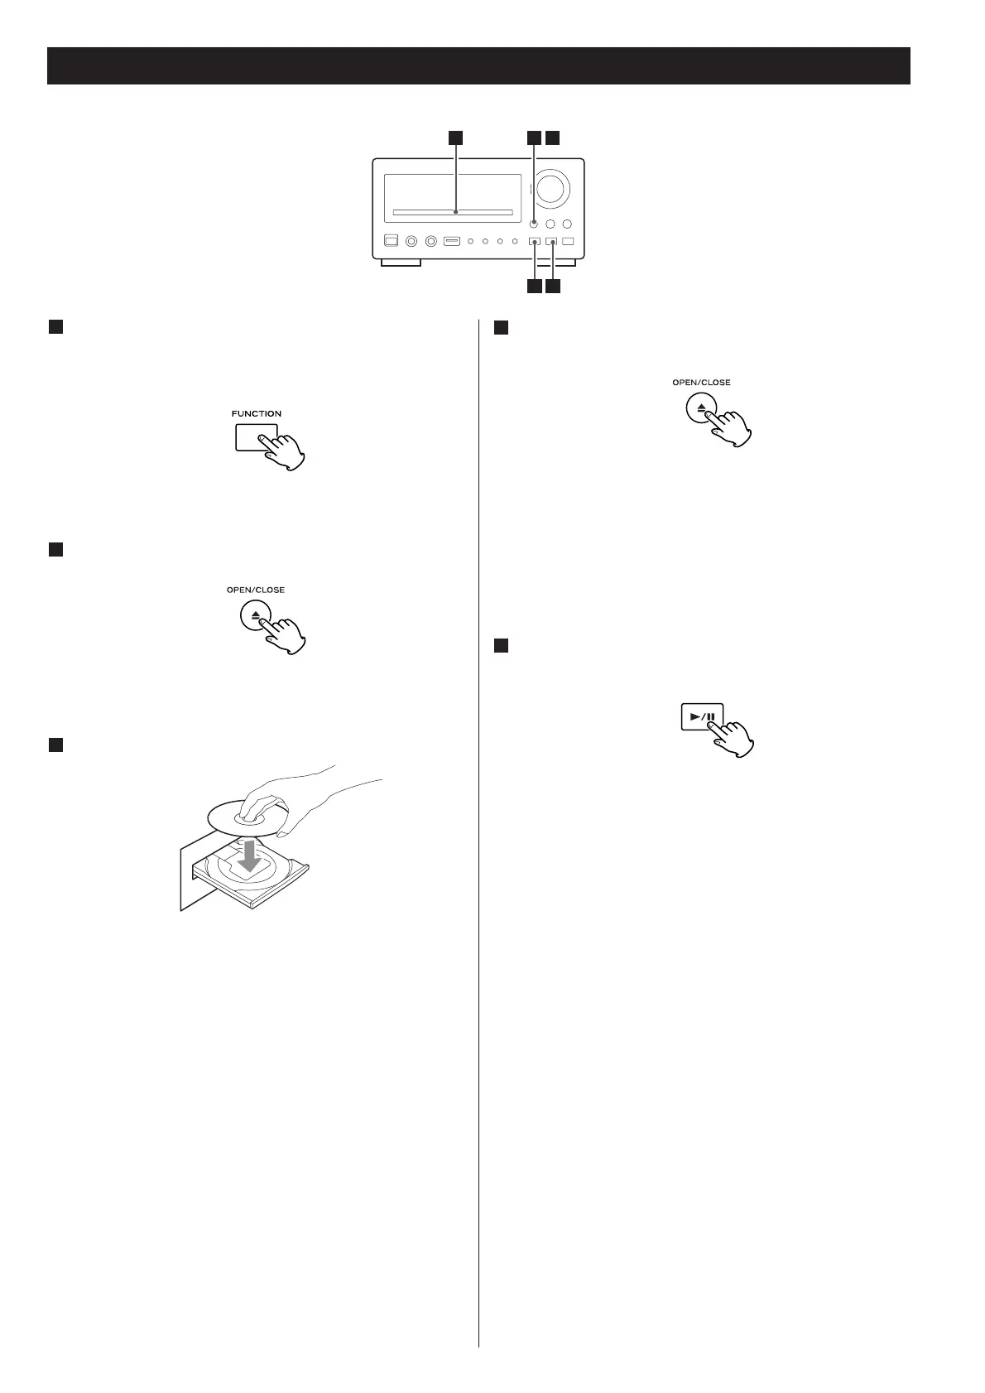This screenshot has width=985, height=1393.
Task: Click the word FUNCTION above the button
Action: pos(256,413)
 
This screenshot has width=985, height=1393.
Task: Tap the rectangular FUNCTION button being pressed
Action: pos(252,437)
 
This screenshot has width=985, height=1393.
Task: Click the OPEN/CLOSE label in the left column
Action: pos(255,590)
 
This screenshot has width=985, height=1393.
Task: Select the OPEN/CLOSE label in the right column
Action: pos(701,383)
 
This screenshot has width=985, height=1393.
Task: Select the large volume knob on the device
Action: pos(552,187)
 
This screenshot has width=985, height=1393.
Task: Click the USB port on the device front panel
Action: pos(451,242)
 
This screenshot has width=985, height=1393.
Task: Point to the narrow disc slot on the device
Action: pos(453,213)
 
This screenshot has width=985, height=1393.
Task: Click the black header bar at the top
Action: pos(478,66)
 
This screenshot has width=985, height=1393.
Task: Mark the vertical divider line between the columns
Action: pos(479,828)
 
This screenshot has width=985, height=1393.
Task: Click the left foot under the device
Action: pos(401,263)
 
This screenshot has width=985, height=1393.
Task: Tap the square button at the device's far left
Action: pos(392,242)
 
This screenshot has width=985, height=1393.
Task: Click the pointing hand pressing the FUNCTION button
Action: pos(287,452)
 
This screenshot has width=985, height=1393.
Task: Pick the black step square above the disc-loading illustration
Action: pos(55,745)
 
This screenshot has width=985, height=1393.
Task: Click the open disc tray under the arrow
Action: pos(248,882)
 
